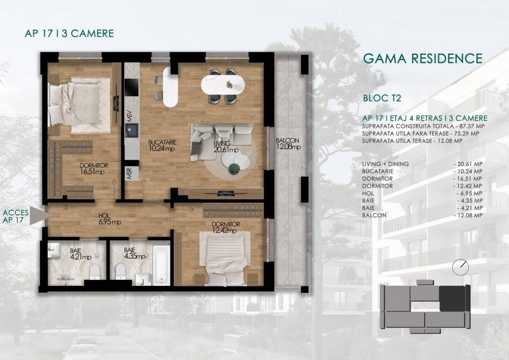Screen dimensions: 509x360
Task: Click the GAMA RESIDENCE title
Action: point(423,59)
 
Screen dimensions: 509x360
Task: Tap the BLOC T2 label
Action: point(382,98)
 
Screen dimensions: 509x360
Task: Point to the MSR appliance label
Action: point(129,174)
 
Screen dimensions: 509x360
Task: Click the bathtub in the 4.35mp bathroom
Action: point(162,265)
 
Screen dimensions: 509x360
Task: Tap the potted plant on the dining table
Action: point(230,85)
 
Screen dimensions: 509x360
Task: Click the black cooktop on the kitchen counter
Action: point(131,88)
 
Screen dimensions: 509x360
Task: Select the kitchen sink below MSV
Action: point(131,130)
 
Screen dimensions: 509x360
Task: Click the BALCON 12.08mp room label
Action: point(288,144)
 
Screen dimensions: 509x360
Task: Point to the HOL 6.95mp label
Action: point(110,218)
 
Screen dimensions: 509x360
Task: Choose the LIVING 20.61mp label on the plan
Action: point(226,146)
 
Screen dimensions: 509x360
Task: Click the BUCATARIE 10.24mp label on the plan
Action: point(162,145)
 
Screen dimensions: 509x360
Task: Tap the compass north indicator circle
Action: point(460,267)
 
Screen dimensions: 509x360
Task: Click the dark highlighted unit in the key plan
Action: point(452,298)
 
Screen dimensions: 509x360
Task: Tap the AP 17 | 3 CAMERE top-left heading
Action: point(69,33)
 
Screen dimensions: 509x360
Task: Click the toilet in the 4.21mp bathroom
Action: point(95,271)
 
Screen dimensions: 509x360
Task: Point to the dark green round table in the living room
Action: point(234,168)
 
